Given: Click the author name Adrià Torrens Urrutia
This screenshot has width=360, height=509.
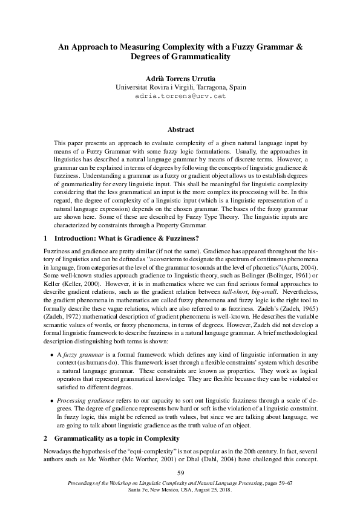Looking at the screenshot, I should pos(180,79).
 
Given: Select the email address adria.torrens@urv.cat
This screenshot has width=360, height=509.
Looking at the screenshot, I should pos(180,96).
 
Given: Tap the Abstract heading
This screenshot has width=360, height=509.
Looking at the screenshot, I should pos(180,129).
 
